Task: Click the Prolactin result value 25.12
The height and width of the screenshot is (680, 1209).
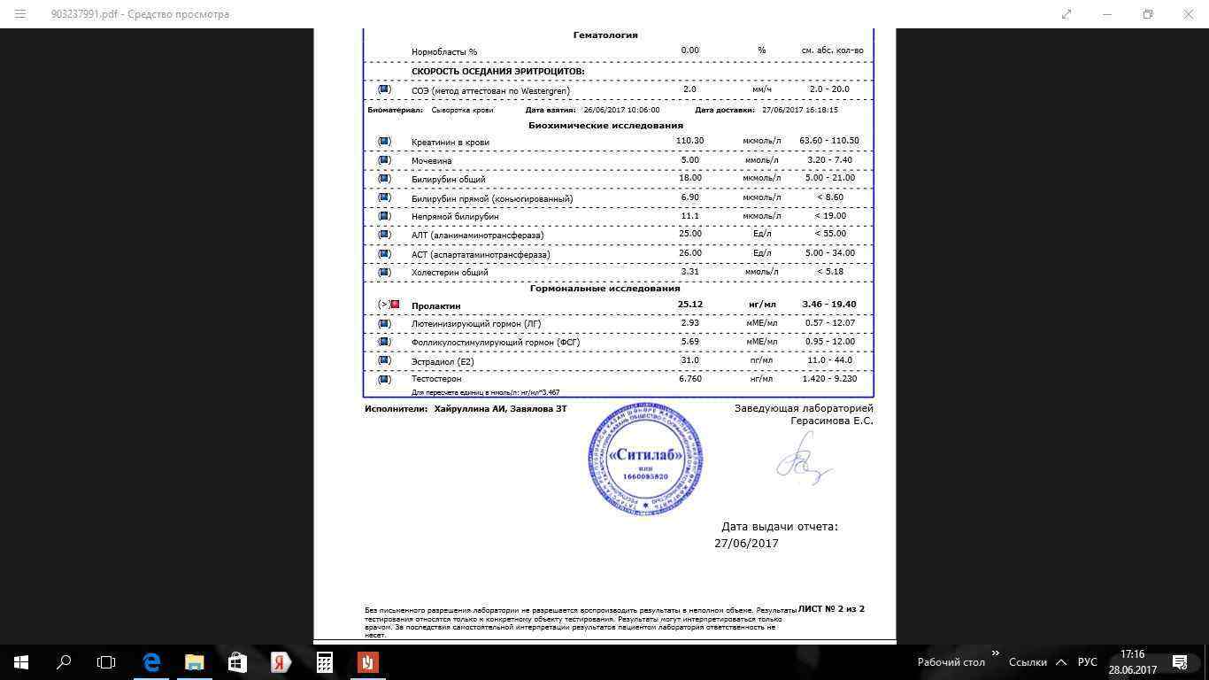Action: click(689, 305)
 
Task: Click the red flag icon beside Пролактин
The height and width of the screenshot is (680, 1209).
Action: click(395, 305)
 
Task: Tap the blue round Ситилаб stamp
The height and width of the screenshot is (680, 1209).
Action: click(645, 460)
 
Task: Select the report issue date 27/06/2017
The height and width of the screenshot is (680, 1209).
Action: click(746, 544)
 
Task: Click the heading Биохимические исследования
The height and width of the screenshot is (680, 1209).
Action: click(605, 126)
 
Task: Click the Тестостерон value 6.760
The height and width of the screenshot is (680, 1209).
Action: click(689, 379)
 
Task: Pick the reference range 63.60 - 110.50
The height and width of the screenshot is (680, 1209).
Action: click(828, 141)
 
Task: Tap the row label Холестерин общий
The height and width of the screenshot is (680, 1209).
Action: click(450, 273)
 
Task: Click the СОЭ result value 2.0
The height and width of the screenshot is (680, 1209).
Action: click(689, 89)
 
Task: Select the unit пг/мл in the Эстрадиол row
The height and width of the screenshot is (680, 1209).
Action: click(761, 360)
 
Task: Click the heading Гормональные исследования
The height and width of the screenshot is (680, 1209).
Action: click(605, 289)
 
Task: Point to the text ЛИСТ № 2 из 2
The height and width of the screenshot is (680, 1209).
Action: click(831, 609)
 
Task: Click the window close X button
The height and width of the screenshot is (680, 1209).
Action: click(1189, 14)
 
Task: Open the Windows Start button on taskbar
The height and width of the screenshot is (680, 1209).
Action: click(21, 661)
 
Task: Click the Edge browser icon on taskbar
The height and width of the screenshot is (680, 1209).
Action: click(151, 661)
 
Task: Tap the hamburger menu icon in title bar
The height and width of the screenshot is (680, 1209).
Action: click(20, 14)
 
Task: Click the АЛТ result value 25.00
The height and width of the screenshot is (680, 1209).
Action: click(689, 234)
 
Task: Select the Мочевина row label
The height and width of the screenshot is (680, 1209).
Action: click(431, 161)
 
